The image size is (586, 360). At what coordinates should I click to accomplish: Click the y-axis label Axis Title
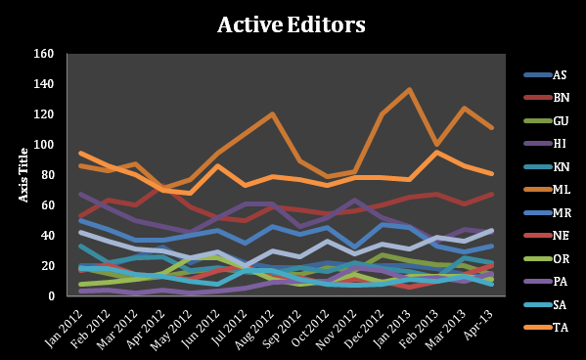(x=24, y=174)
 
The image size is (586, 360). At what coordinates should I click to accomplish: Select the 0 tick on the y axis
(x=47, y=296)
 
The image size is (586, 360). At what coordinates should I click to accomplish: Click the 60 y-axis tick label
(x=44, y=205)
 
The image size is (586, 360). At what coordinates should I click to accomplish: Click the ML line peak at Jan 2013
(x=408, y=90)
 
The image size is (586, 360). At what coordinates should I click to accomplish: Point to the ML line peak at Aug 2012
(x=272, y=114)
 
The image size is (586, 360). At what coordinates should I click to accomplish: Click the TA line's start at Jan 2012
(x=80, y=154)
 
